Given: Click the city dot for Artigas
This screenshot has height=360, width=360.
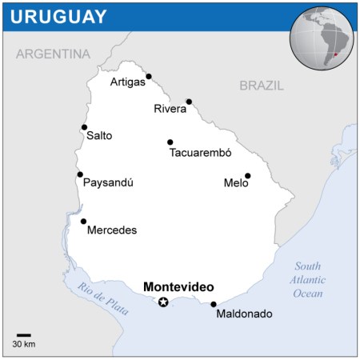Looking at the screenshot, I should coord(149,77).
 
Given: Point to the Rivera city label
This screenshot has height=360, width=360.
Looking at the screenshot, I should coord(170,109).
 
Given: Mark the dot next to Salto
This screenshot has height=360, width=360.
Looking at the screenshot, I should coord(84,127).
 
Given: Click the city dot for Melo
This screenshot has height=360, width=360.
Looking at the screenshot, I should coord(248,176).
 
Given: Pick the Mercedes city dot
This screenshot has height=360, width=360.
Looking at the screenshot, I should coord(83,222).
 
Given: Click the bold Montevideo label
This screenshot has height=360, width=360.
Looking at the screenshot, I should coord(179,286).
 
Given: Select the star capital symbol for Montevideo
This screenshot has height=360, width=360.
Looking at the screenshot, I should coord(164,302).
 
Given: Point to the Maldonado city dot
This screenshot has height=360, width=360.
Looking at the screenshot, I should coord(214,304).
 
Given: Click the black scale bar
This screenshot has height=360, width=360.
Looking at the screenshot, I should coord(24,335).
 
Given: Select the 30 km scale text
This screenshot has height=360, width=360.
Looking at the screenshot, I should coord(24,345).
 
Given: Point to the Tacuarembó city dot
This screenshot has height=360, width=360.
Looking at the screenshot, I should coord(170,142).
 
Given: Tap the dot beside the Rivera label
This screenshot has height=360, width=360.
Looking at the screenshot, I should coord(189,102).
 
